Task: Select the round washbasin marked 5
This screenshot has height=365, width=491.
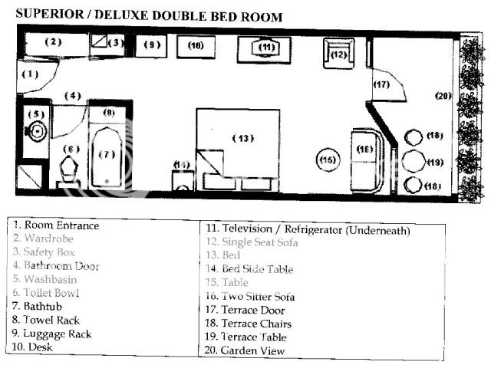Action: (x=35, y=130)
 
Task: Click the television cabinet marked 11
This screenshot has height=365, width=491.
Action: (x=266, y=48)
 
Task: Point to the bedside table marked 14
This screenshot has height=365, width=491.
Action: (x=181, y=178)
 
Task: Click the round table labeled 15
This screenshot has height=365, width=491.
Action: (x=328, y=160)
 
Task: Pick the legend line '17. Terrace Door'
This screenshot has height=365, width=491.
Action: (x=245, y=310)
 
